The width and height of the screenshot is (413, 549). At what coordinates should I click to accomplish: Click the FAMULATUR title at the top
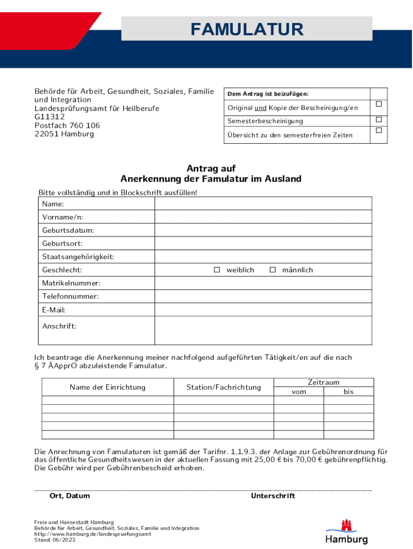coord(247,29)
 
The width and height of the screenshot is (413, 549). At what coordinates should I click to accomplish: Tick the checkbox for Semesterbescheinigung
coord(379,119)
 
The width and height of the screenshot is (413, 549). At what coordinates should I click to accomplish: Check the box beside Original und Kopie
coord(379,103)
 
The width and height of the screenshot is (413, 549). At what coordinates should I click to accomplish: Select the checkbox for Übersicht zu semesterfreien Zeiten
coord(379,130)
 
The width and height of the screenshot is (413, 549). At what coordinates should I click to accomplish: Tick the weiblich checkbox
coord(217,270)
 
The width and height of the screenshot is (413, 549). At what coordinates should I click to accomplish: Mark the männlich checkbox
coord(272,270)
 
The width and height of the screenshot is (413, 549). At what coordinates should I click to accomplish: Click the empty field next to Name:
coord(263,204)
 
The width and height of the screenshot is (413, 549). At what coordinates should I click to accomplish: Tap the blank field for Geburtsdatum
coord(263,230)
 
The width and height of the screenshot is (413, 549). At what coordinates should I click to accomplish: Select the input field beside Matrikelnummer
coord(263,283)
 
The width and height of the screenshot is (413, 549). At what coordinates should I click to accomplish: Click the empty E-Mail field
coord(263,309)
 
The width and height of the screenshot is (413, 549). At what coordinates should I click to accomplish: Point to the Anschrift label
coord(59,326)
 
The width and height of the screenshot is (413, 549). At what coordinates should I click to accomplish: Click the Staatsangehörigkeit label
coord(78,257)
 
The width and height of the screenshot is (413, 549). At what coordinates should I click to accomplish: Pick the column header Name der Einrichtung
coord(107,387)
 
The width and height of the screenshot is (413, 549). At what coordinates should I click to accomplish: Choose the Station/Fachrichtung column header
coord(224,387)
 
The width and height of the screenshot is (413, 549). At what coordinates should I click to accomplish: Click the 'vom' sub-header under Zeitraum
coord(299,392)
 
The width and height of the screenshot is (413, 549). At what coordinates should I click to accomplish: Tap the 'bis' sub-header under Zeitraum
coord(349,392)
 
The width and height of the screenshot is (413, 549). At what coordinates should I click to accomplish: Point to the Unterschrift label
coord(272,496)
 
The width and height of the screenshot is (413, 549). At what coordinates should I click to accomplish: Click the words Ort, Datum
coord(70,496)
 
